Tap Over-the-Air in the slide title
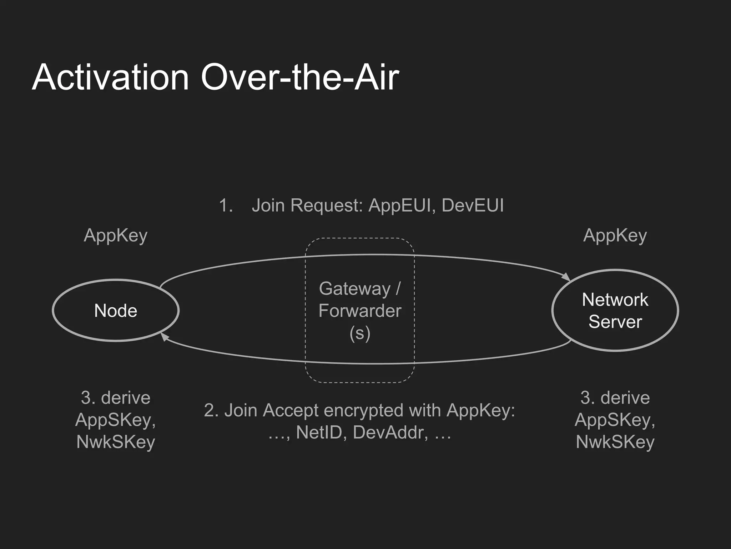[x=300, y=77]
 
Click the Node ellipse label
[x=116, y=311]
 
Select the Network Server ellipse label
[x=615, y=311]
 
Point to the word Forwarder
[x=360, y=311]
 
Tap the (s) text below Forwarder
[x=360, y=333]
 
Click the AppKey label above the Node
[x=116, y=236]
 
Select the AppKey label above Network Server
[x=615, y=236]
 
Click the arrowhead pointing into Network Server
[x=566, y=277]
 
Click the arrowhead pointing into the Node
[x=165, y=336]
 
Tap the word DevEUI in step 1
[x=473, y=206]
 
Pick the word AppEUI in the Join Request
[x=400, y=206]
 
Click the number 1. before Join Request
[x=226, y=206]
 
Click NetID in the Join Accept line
[x=319, y=432]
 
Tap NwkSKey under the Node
[x=116, y=442]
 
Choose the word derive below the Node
[x=126, y=397]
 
